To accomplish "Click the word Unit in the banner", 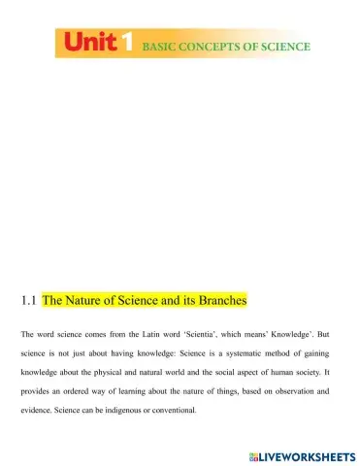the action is click(91, 45).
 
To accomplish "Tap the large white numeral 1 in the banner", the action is click(126, 45).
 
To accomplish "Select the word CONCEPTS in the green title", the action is click(218, 46).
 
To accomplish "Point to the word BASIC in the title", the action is click(163, 46).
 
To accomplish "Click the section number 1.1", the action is click(28, 301).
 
